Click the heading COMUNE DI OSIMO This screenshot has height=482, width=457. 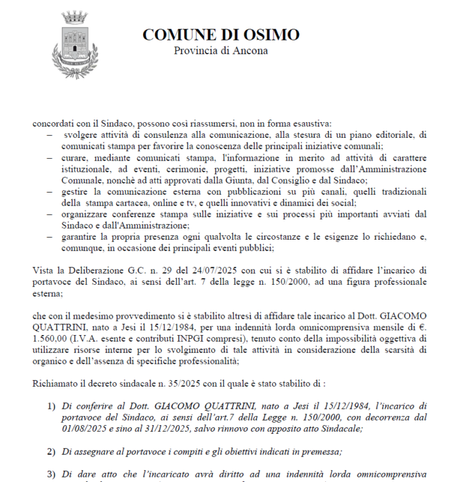[x=221, y=35]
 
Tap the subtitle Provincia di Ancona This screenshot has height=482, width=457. [x=221, y=51]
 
